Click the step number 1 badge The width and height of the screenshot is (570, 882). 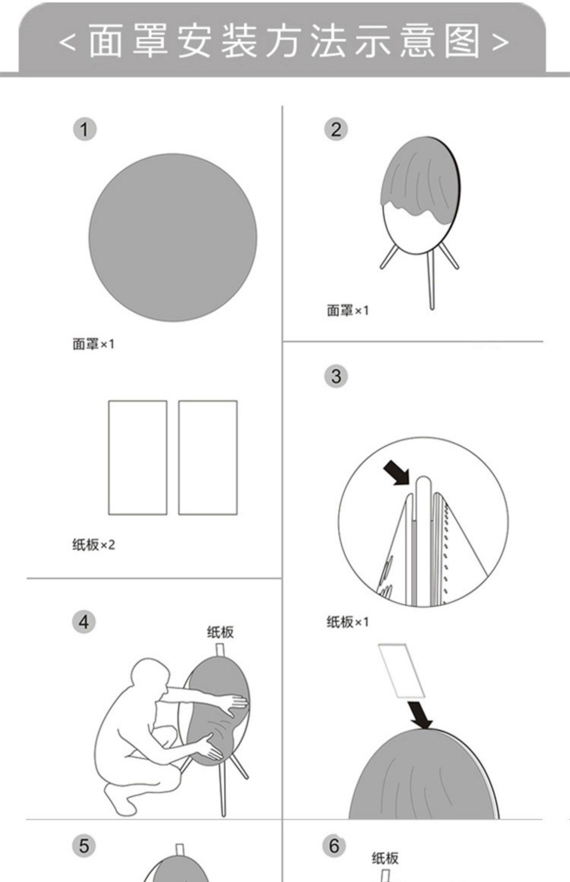84,130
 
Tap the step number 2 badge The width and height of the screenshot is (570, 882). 336,130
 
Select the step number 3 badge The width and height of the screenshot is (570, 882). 336,376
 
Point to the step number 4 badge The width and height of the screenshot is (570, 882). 84,622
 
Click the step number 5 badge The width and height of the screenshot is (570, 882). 84,846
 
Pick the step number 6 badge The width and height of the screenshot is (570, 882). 334,846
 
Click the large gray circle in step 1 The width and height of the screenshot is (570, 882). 173,238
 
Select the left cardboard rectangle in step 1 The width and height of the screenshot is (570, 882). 138,458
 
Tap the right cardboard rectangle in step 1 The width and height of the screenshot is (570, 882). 208,458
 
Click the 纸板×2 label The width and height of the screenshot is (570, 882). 93,545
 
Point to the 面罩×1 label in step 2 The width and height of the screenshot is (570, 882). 348,311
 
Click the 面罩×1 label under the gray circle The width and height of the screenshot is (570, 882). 93,344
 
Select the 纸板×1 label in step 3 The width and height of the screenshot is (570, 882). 348,622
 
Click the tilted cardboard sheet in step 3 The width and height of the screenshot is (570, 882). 401,670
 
